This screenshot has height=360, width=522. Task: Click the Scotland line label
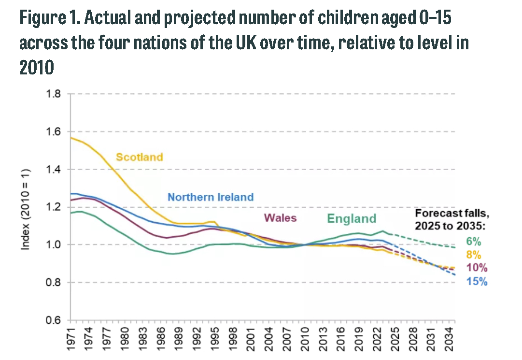(x=140, y=157)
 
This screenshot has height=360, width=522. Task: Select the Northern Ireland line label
(x=211, y=197)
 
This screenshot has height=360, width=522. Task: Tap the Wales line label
(x=280, y=218)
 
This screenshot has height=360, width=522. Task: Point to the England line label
(x=352, y=218)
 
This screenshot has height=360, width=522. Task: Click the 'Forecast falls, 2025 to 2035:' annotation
(x=450, y=219)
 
